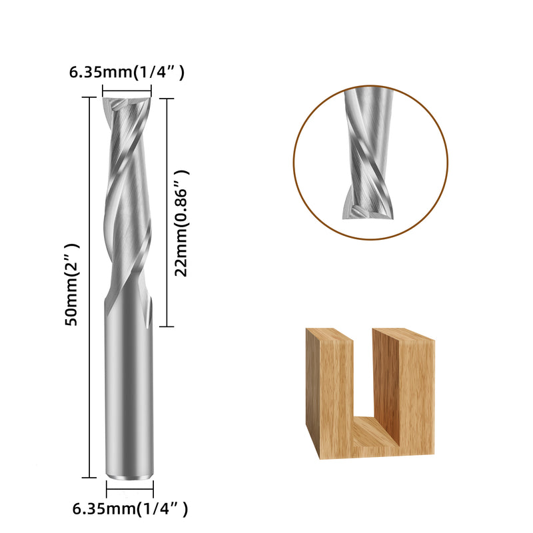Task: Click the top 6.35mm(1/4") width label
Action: [x=127, y=73]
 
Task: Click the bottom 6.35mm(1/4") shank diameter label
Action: [x=130, y=509]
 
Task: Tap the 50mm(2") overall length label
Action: [x=72, y=284]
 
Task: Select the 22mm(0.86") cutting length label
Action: [x=181, y=223]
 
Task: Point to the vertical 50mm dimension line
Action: [x=89, y=288]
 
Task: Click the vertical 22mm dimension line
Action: [x=167, y=213]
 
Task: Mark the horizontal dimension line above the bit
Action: [x=127, y=91]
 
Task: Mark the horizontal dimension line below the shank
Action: [x=130, y=490]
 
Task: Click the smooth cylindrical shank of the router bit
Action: [x=129, y=388]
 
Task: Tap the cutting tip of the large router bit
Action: [x=127, y=103]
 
